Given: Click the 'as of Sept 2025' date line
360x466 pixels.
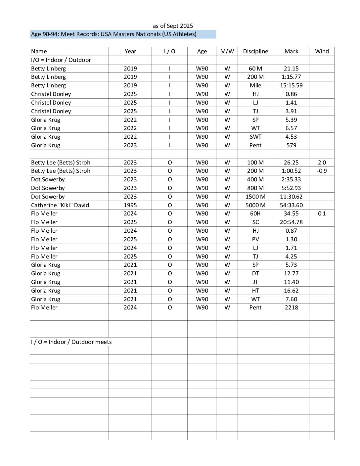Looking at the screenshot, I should (x=173, y=26).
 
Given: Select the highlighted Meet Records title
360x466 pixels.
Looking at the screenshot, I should (x=113, y=34).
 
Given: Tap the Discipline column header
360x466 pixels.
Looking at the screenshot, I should (x=255, y=51).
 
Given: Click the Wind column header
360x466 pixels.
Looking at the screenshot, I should (x=322, y=51).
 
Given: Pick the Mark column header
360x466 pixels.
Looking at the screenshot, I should (x=291, y=51).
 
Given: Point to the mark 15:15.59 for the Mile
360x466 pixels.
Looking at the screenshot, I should (x=291, y=85).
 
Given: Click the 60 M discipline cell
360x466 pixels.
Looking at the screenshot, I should (x=255, y=69).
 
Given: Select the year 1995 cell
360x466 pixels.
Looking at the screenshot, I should (x=130, y=205).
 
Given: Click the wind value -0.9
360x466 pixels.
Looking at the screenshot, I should (x=322, y=171).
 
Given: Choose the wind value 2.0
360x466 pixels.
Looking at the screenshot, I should (x=322, y=163).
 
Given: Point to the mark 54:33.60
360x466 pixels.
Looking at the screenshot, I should (x=291, y=205).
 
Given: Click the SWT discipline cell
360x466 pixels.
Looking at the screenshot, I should (x=255, y=137).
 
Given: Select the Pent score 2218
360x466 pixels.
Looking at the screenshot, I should (x=291, y=307).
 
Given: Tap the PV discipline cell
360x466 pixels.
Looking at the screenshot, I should (x=255, y=239).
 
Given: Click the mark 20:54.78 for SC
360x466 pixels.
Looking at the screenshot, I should (x=291, y=222).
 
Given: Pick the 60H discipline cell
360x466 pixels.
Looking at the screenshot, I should (x=255, y=213).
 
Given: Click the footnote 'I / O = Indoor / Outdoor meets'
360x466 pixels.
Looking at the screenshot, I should (x=71, y=342).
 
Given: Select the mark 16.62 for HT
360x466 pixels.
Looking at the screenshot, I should (x=291, y=291).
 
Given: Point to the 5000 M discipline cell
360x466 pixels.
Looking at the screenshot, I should (x=255, y=205).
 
